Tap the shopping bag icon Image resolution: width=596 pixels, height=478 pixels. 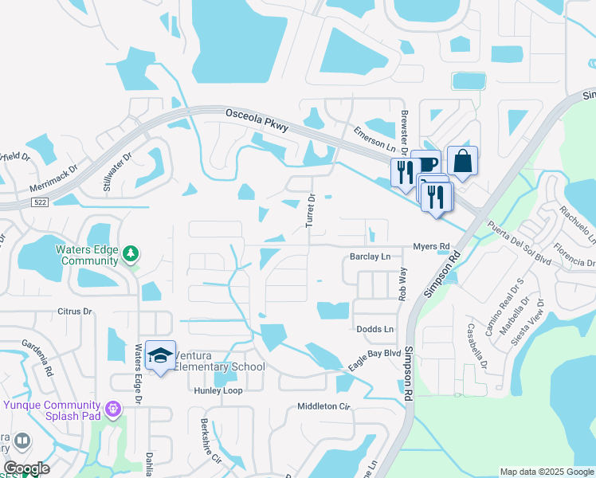coord(462,162)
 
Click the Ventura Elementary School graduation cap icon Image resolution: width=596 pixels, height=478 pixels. coord(160,356)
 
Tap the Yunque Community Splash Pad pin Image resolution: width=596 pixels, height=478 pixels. coord(113,408)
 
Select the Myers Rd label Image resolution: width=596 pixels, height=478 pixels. coord(431,246)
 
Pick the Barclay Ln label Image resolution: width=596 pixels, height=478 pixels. coord(371,257)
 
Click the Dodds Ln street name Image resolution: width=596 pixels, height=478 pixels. coord(374,329)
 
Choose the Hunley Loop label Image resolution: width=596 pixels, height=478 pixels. coord(218,391)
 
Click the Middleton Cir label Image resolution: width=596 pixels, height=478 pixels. coord(323,406)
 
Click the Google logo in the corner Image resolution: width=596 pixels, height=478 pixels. coord(26,468)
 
